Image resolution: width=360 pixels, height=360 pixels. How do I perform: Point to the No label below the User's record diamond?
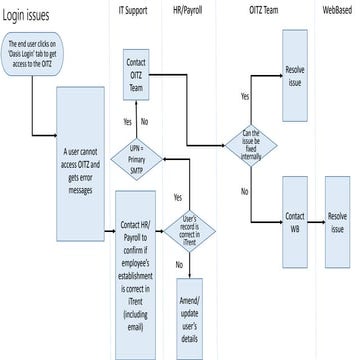pos(180,264)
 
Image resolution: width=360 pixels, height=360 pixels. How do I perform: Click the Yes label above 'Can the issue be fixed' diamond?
pos(245,96)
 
